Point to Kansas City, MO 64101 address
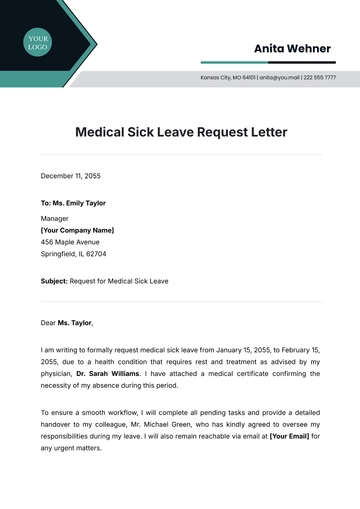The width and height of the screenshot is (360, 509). pos(228,77)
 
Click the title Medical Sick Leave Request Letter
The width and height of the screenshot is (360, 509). pos(181,131)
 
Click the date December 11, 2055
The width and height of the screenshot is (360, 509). pos(70,176)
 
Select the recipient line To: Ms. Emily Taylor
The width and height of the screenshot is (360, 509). pos(72,203)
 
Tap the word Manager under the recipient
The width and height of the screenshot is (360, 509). pos(55,217)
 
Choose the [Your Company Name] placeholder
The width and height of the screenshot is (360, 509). pos(77,229)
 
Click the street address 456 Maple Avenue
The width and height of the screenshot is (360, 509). pos(70,242)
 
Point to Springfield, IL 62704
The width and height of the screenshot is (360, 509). pos(73,254)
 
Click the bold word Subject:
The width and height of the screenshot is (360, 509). pos(54,281)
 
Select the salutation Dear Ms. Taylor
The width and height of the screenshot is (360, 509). pos(66,323)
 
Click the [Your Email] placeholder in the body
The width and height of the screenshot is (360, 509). pos(289,435)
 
